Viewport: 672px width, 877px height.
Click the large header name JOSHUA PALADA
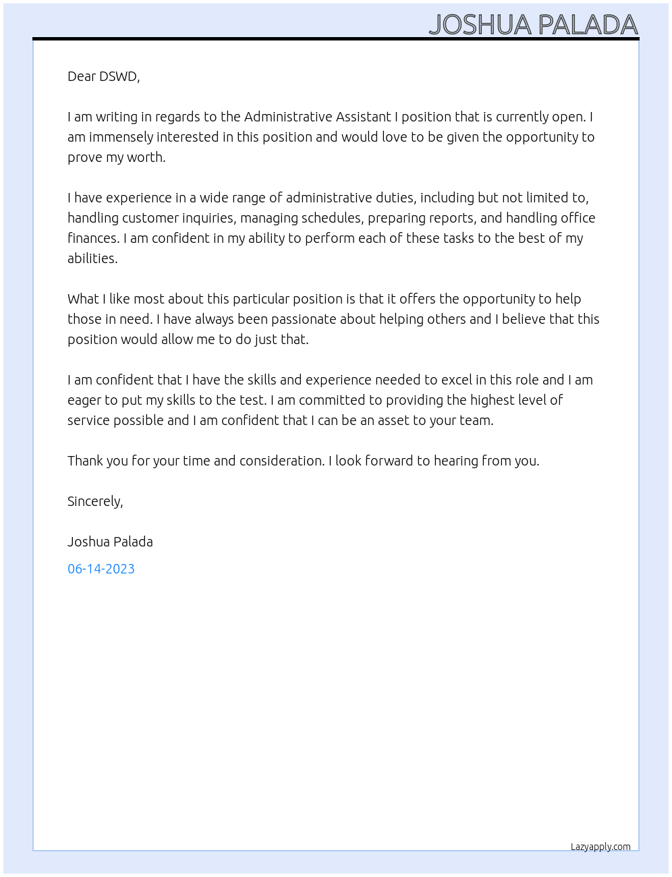pyautogui.click(x=533, y=25)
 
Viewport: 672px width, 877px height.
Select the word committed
pyautogui.click(x=331, y=400)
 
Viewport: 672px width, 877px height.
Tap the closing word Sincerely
pyautogui.click(x=94, y=501)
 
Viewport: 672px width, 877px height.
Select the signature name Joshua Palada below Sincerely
pyautogui.click(x=110, y=542)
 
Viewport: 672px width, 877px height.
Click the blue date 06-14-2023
pyautogui.click(x=101, y=569)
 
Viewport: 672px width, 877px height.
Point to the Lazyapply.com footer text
pyautogui.click(x=600, y=847)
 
